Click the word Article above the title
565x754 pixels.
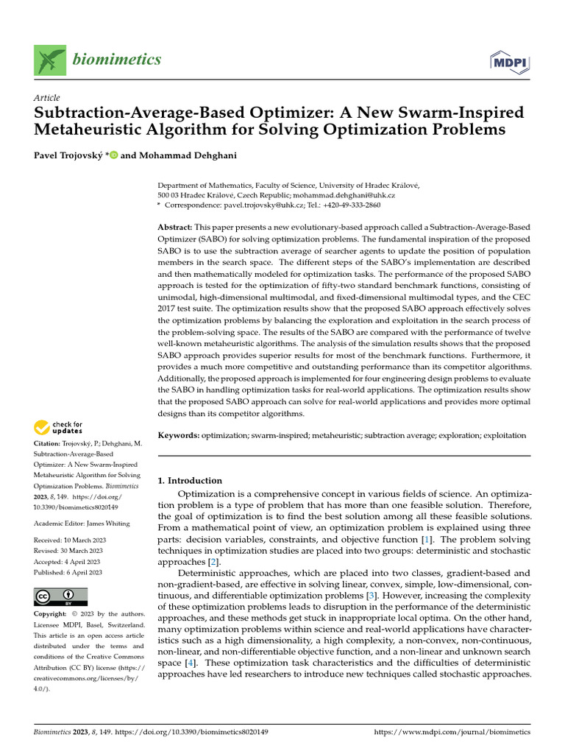(x=46, y=98)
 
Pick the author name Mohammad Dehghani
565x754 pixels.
(x=178, y=156)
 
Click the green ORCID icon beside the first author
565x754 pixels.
(x=113, y=156)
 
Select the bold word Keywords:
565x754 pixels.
(x=179, y=435)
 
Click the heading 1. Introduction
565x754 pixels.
(x=191, y=480)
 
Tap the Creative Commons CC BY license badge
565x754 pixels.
(x=60, y=596)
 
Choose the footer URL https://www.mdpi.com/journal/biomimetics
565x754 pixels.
(x=452, y=732)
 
